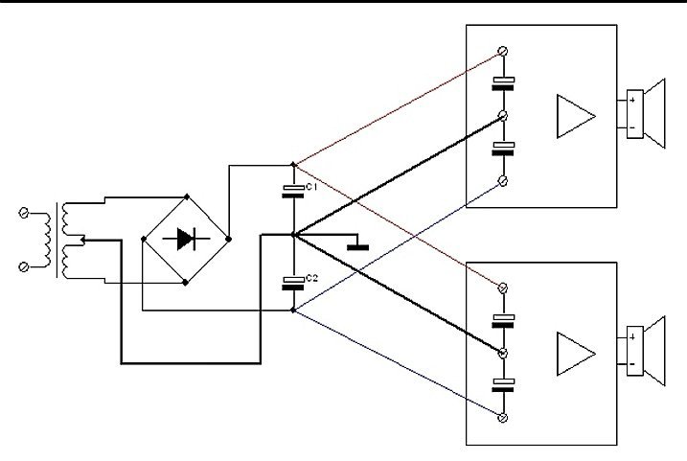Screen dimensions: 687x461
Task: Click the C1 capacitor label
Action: (311, 187)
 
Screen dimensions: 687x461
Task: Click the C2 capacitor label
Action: (311, 278)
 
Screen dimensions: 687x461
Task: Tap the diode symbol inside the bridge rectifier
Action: (186, 239)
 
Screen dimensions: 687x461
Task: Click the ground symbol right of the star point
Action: (357, 244)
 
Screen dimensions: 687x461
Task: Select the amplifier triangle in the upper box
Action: (576, 116)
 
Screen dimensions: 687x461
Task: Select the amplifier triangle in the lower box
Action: (576, 354)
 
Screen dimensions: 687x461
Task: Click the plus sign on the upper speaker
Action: (632, 100)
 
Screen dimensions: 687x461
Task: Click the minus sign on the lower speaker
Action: (631, 364)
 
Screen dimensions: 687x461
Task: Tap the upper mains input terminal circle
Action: (24, 213)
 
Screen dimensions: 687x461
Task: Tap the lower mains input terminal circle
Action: (24, 266)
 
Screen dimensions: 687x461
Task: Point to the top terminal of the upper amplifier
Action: (503, 51)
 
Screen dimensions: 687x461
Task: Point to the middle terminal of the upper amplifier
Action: (503, 116)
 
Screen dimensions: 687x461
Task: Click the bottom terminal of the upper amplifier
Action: (503, 180)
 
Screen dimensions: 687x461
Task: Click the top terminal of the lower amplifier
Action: (503, 288)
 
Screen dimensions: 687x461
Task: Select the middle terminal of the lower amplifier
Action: (503, 353)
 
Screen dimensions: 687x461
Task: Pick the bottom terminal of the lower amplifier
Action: (503, 418)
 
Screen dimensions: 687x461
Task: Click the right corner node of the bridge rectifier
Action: (228, 239)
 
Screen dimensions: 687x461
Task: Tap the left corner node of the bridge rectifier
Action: (144, 239)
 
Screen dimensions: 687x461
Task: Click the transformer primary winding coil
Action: (47, 240)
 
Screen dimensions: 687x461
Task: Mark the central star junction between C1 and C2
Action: (293, 236)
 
